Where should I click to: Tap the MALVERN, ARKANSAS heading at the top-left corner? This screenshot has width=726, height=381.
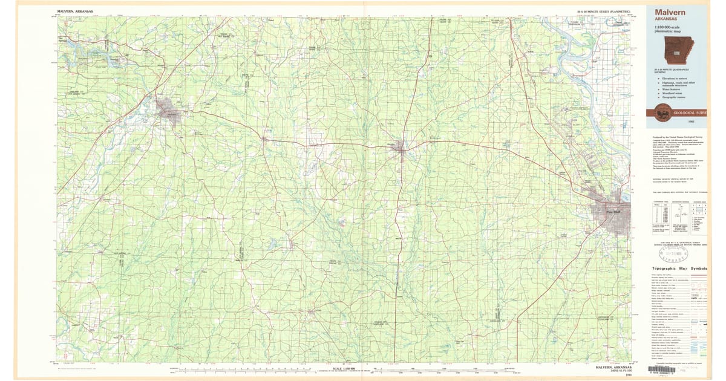tap(75, 11)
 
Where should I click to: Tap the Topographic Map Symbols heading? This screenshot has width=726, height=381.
tap(679, 268)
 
